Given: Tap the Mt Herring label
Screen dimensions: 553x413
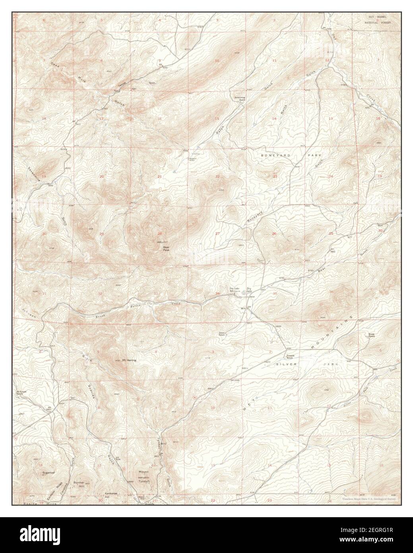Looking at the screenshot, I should coord(129,360).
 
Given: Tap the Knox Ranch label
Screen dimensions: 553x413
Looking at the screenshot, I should coord(371,335).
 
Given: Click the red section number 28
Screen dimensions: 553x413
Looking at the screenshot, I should coord(160,234).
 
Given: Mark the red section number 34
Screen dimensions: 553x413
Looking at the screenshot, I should coord(217,294).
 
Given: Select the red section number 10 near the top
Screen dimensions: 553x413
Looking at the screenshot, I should coord(217,60).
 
